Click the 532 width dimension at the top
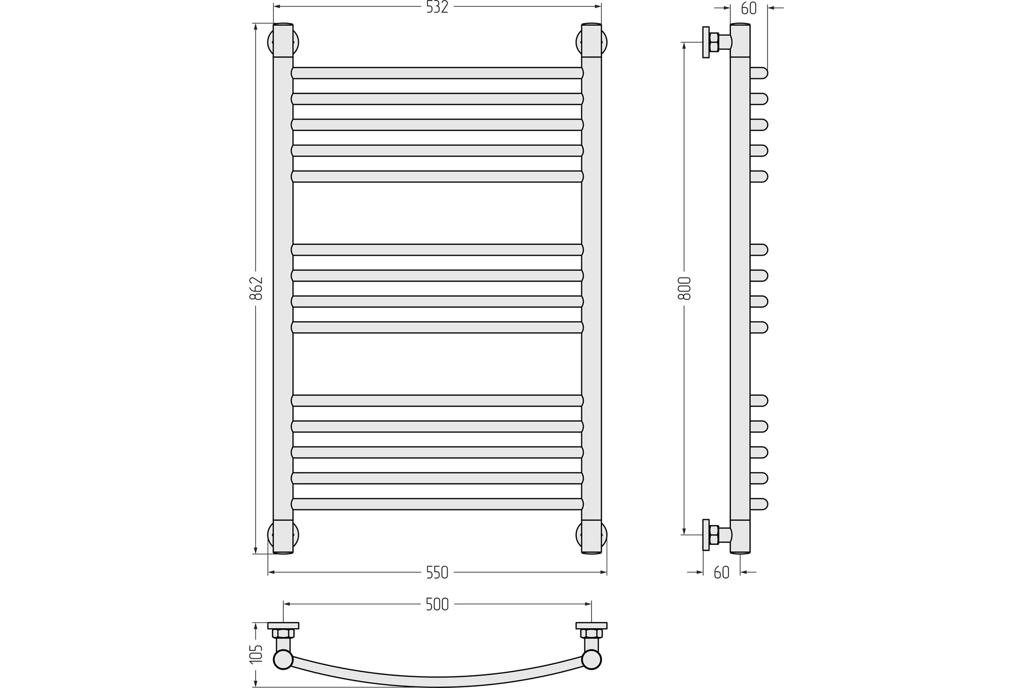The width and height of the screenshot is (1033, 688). tap(437, 7)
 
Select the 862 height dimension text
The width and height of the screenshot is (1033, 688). tap(256, 288)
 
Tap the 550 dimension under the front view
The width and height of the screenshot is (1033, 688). tap(437, 573)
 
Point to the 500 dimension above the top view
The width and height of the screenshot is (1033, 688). tap(437, 605)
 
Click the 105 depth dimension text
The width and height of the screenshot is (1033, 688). tap(256, 653)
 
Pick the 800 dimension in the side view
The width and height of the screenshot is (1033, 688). tap(684, 288)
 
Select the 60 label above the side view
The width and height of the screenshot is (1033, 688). tap(749, 8)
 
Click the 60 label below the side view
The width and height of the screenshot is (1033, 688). tap(722, 573)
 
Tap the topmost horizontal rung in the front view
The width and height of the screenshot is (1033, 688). tap(437, 73)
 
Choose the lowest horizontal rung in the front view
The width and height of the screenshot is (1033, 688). tap(437, 504)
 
